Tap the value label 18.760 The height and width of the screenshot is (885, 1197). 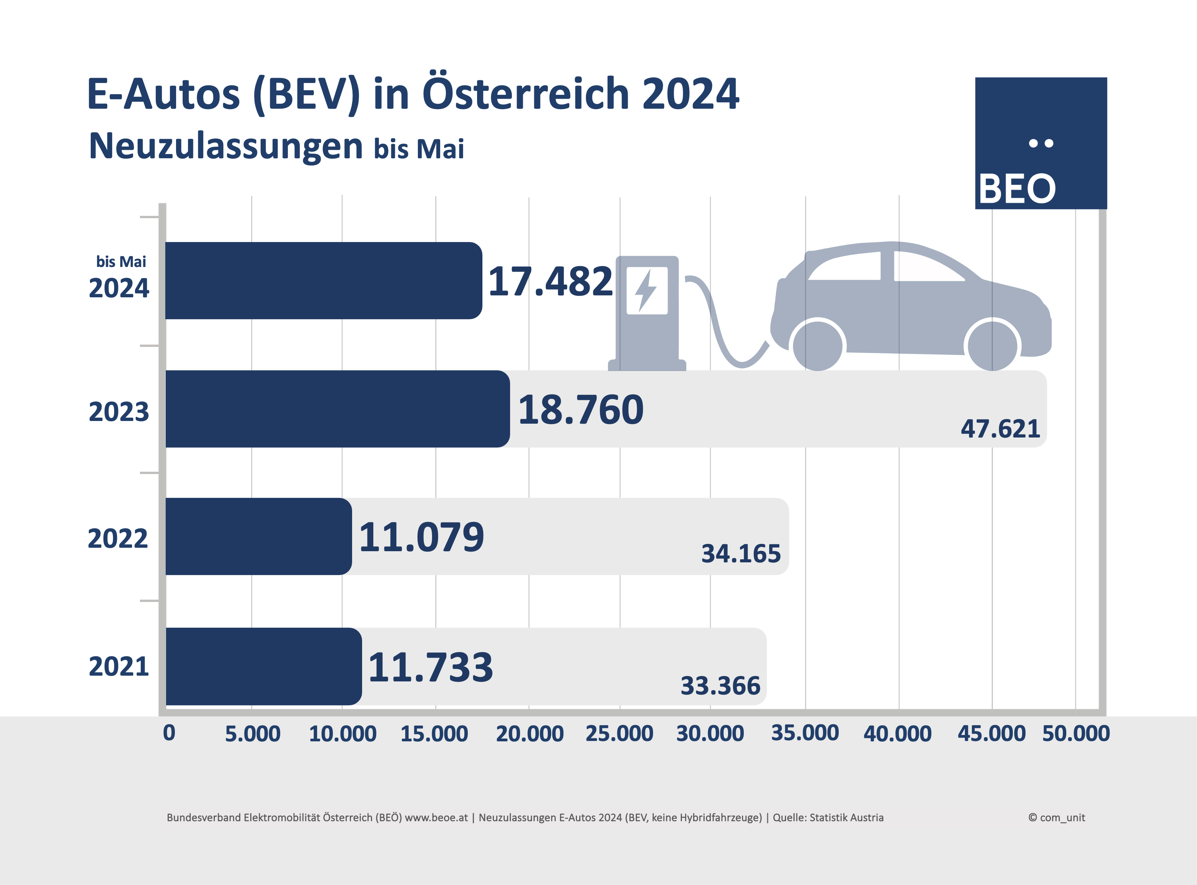click(x=580, y=410)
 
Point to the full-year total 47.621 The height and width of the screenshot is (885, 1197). click(x=1000, y=429)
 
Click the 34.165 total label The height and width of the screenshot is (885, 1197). click(x=741, y=554)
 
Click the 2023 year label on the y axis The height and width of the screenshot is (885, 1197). click(x=118, y=411)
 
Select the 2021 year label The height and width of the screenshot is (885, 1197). click(x=118, y=666)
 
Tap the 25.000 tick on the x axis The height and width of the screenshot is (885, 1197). click(x=619, y=733)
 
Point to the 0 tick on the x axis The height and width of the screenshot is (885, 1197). click(x=169, y=733)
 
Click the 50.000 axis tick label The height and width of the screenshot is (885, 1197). click(x=1075, y=733)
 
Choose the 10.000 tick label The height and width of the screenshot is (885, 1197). click(x=342, y=733)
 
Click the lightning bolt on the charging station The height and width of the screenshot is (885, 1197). click(x=646, y=290)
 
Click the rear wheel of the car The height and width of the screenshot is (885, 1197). click(x=818, y=346)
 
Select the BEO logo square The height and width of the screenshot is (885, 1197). click(x=1041, y=143)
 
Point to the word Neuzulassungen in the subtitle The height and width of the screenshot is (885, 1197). click(x=226, y=146)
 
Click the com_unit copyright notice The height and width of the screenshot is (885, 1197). click(x=1056, y=817)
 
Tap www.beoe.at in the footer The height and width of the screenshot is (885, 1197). click(x=436, y=817)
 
